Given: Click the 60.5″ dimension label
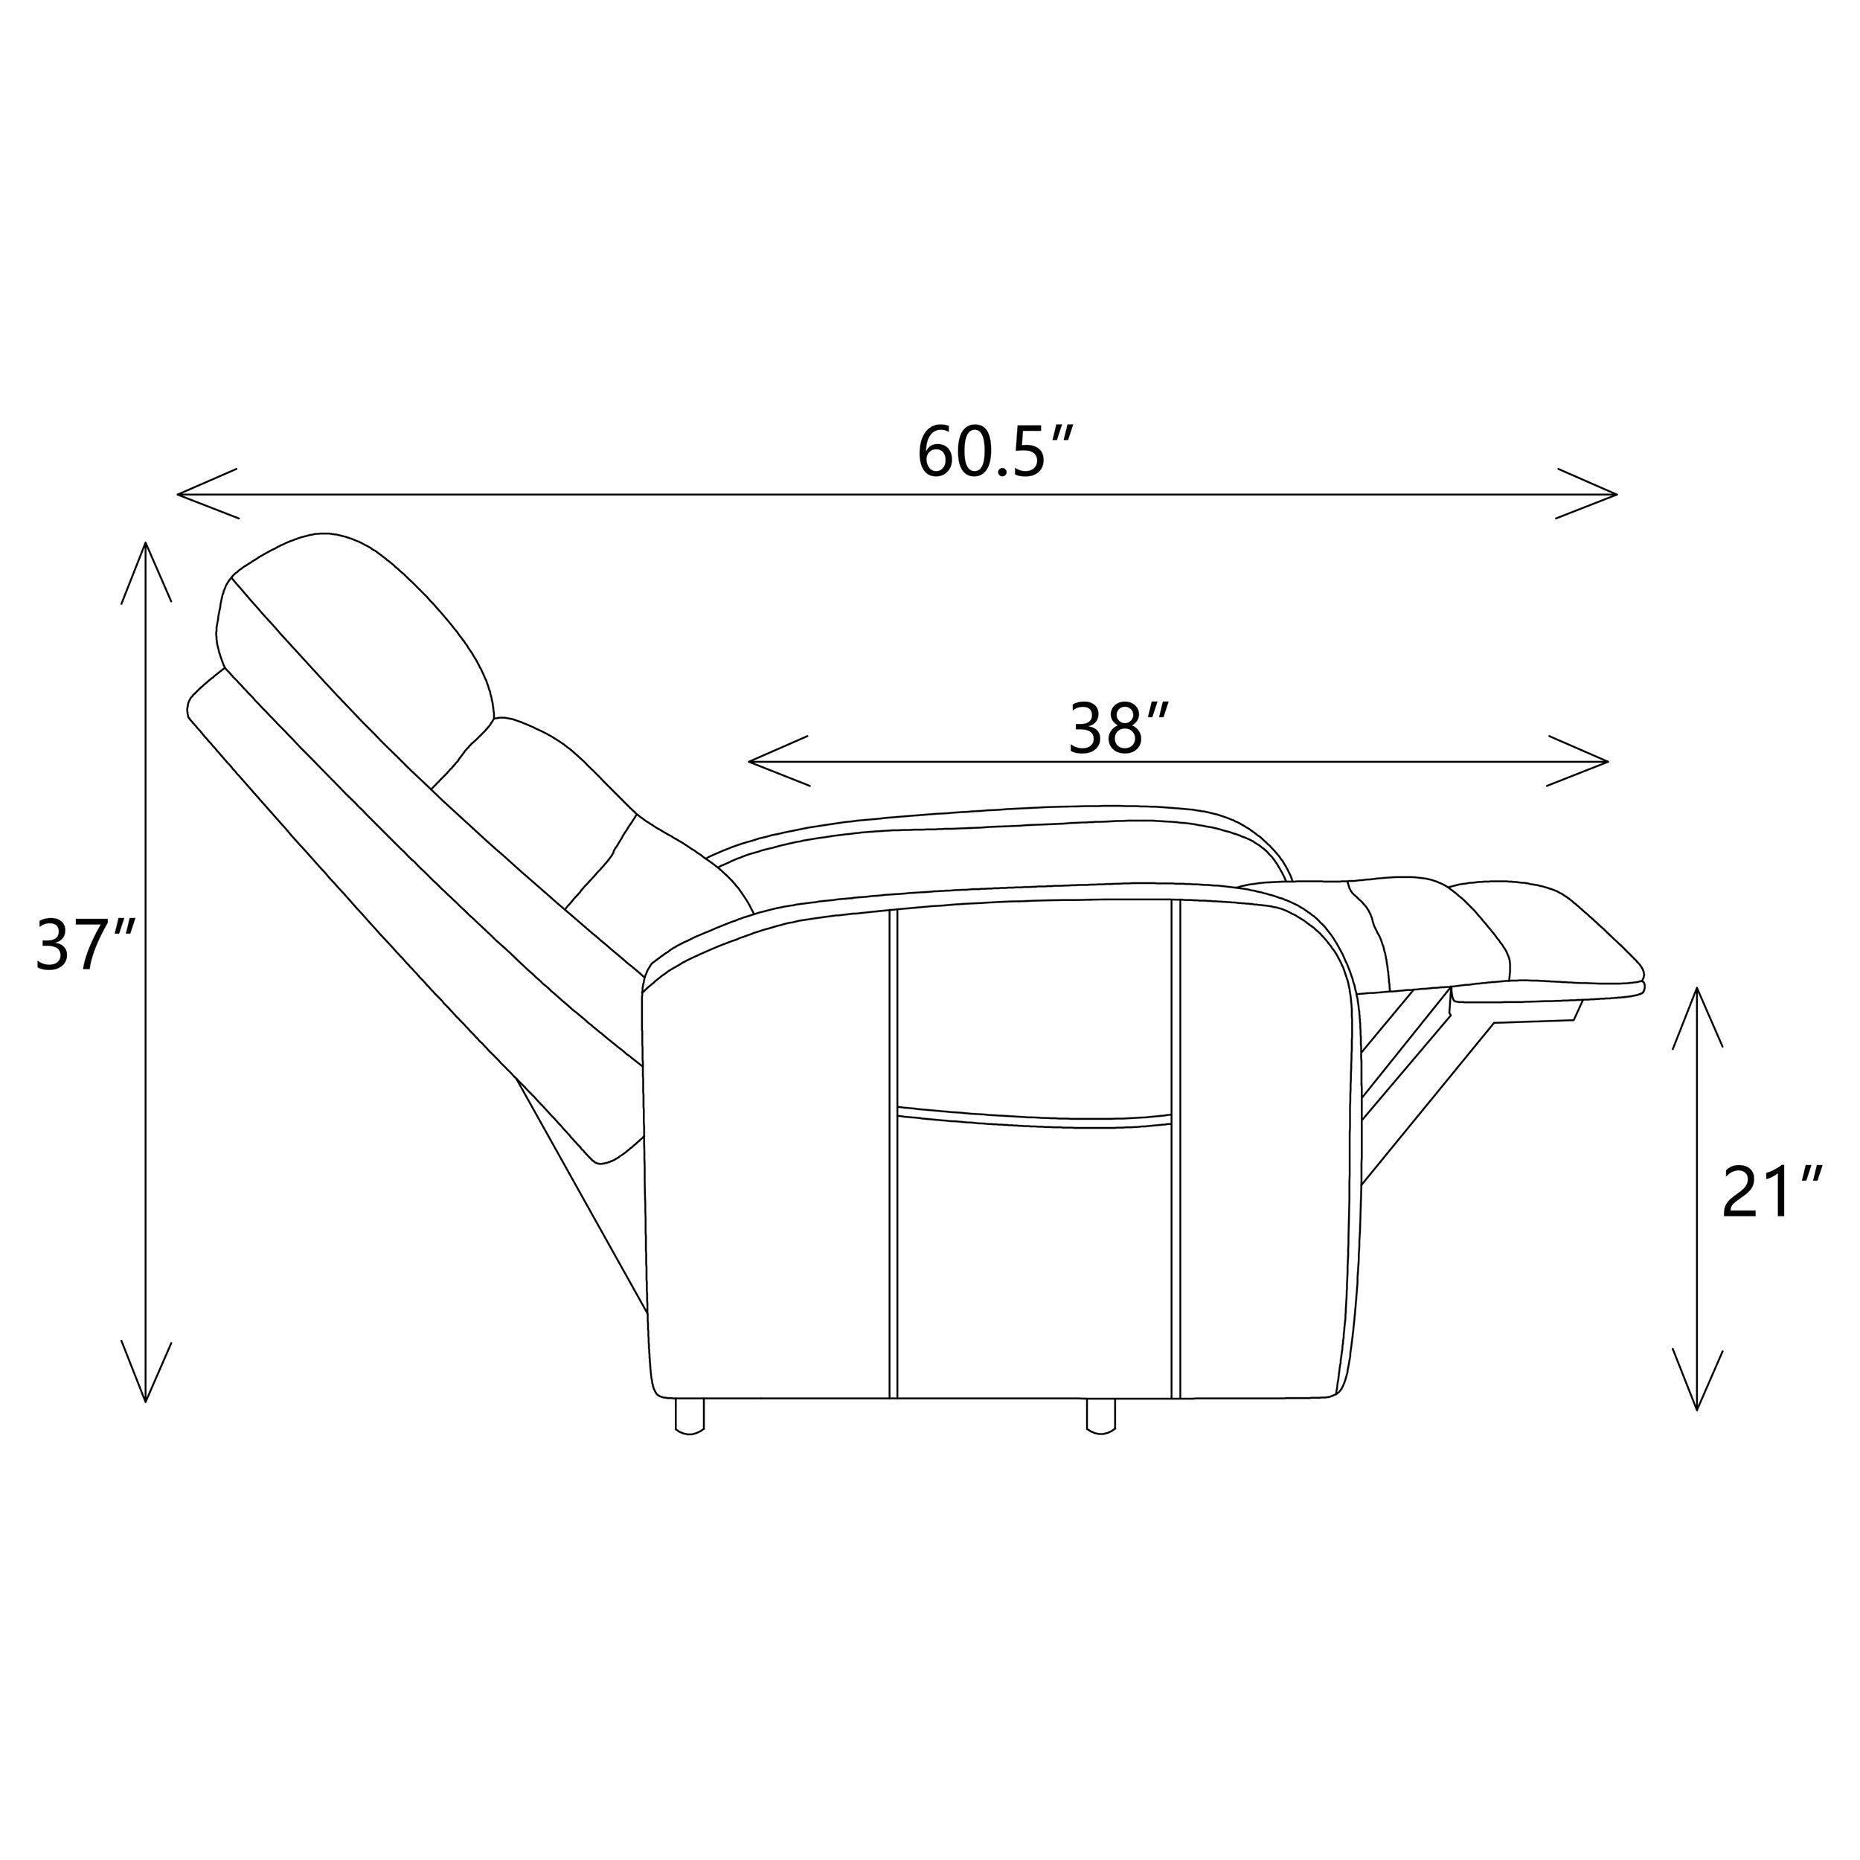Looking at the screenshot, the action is (995, 452).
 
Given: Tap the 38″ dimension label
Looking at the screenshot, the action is (1119, 729).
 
